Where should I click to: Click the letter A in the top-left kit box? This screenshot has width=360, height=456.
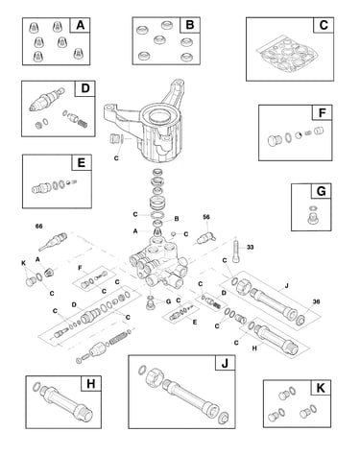coord(81,25)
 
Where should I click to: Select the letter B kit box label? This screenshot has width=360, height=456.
coord(190,25)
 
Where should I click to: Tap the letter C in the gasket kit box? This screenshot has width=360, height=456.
coord(324,25)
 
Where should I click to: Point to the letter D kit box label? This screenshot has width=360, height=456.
coord(85,88)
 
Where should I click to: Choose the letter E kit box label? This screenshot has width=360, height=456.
coord(82,162)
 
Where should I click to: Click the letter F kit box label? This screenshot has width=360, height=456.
coord(323,112)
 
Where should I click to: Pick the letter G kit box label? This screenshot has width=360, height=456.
coord(321,191)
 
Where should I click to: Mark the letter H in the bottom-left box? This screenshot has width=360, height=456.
coord(91,383)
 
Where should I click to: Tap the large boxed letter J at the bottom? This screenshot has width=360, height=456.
coord(225,363)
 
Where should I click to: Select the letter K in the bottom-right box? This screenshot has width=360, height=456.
coord(321,388)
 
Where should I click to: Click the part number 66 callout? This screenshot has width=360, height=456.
coord(38,227)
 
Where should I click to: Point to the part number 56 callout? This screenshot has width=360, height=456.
coord(206,217)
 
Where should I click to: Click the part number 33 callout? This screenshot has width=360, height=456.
coord(251,247)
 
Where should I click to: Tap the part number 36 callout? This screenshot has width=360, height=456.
coord(316,301)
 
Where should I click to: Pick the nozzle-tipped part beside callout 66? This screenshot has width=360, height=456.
coord(53,242)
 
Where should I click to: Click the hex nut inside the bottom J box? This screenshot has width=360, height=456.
coord(154,377)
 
